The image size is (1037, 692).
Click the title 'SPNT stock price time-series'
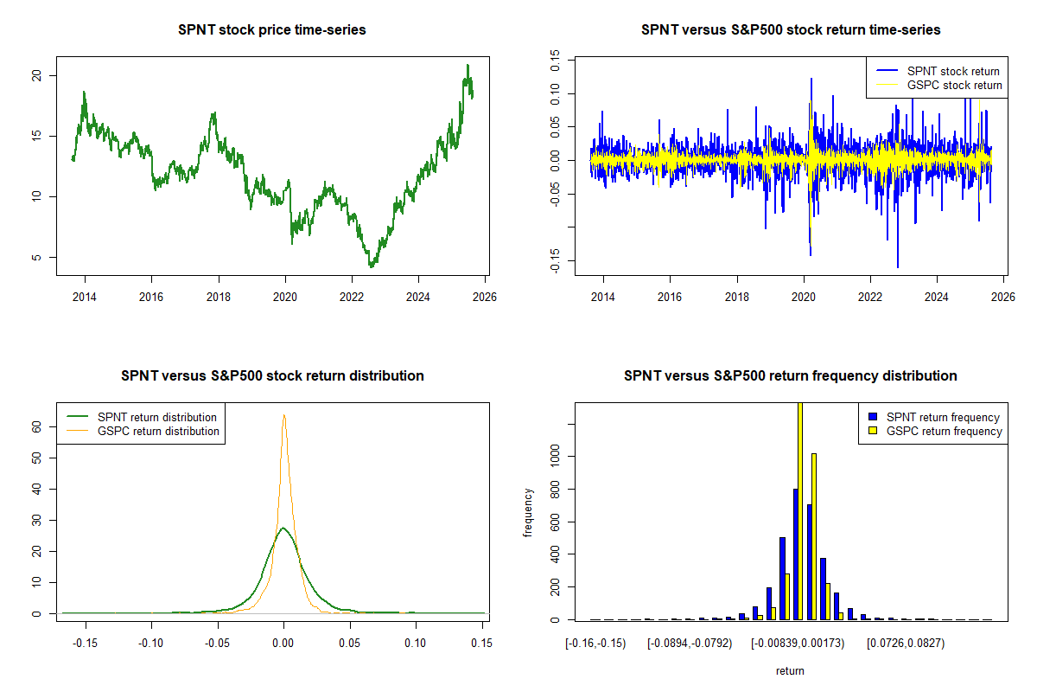(272, 30)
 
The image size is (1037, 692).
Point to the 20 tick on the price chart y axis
(39, 75)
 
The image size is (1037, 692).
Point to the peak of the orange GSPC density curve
(283, 415)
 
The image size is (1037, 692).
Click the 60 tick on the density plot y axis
(39, 426)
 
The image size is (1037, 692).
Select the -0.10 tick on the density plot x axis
(151, 644)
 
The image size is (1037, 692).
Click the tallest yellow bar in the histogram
(800, 510)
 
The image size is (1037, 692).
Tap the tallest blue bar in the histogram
(795, 554)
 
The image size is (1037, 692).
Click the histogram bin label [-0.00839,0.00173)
(797, 644)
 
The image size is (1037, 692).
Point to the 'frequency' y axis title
(529, 512)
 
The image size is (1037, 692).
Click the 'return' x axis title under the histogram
(790, 670)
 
